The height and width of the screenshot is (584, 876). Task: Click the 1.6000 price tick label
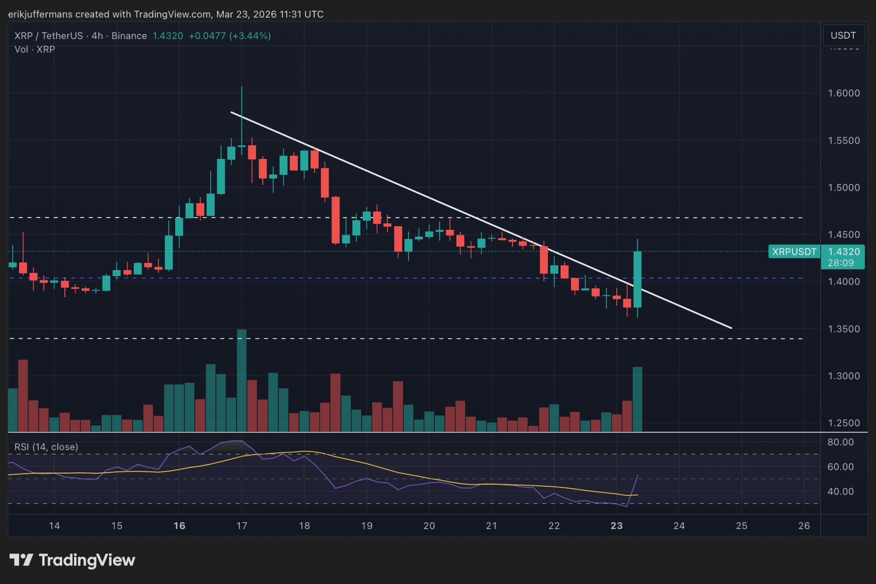click(x=843, y=93)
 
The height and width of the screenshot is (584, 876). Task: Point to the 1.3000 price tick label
click(x=843, y=376)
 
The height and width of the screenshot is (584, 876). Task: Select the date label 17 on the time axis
click(x=241, y=526)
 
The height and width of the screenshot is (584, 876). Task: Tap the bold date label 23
click(x=616, y=526)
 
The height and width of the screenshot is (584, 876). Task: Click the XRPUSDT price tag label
click(x=794, y=252)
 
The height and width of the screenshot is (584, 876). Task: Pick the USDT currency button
click(x=843, y=35)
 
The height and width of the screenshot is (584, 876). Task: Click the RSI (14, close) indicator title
click(x=46, y=447)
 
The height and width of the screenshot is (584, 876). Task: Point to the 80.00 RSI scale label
click(x=840, y=442)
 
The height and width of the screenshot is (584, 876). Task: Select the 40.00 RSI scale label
click(x=840, y=491)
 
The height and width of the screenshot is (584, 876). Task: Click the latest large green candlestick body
click(x=637, y=279)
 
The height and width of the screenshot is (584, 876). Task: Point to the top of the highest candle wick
click(x=241, y=87)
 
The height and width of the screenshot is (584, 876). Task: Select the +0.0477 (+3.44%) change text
click(x=230, y=36)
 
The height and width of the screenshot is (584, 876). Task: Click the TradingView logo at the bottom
click(x=73, y=560)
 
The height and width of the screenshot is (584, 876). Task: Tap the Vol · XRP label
click(x=34, y=49)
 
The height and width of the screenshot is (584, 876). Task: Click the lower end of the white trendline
click(x=731, y=328)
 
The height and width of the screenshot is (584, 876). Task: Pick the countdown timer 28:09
click(x=841, y=263)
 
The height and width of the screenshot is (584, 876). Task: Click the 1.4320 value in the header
click(x=167, y=36)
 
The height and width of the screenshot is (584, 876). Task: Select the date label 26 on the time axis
click(x=804, y=526)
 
